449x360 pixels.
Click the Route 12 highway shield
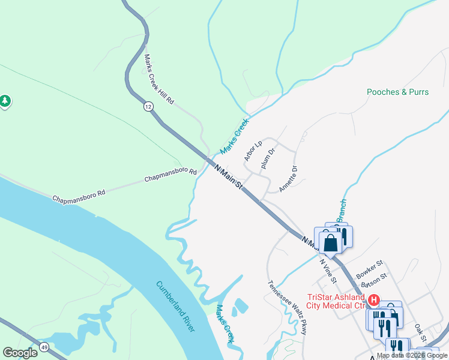pyautogui.click(x=148, y=106)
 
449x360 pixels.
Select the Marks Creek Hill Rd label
pyautogui.click(x=158, y=80)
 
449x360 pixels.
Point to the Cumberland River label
pyautogui.click(x=176, y=306)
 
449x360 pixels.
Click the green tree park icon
pyautogui.click(x=5, y=101)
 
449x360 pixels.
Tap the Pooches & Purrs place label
pyautogui.click(x=399, y=92)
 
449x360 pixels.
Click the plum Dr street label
pyautogui.click(x=268, y=160)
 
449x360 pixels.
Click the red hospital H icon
pyautogui.click(x=373, y=299)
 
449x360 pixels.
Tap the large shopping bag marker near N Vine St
pyautogui.click(x=330, y=244)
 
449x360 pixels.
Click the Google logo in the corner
pyautogui.click(x=20, y=353)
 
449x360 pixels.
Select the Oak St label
pyautogui.click(x=420, y=332)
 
